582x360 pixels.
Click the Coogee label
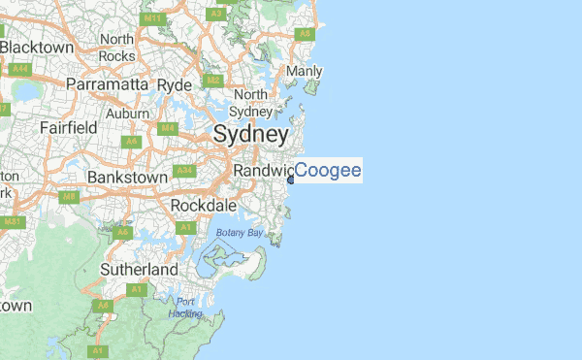tap(328, 172)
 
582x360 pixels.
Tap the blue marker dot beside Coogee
tap(291, 180)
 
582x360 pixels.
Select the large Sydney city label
tap(250, 135)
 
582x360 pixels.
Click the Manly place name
tap(305, 71)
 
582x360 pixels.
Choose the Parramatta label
tap(106, 84)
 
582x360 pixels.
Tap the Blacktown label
tap(38, 47)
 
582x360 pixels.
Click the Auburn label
tap(127, 113)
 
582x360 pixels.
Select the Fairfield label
tap(68, 127)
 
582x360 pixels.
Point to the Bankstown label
tap(128, 178)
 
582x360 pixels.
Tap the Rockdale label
tap(203, 206)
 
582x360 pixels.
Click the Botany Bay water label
tap(240, 233)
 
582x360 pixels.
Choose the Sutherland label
tap(140, 269)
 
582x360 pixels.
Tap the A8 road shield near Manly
tap(304, 33)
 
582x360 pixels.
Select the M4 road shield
tap(167, 127)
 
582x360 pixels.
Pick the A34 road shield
tap(184, 171)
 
